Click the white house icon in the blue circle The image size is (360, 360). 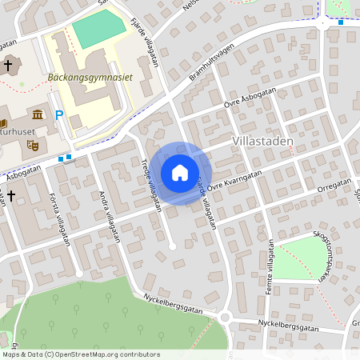click(x=180, y=173)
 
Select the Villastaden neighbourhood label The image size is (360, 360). click(x=262, y=141)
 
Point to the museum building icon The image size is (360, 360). click(x=38, y=117)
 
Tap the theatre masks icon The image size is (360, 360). click(x=33, y=145)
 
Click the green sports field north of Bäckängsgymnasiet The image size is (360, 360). click(x=98, y=30)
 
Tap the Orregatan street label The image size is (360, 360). click(x=334, y=183)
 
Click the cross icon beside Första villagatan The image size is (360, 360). click(x=12, y=194)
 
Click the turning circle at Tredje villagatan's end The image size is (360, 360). click(x=173, y=247)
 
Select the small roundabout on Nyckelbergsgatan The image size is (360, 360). click(x=225, y=318)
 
